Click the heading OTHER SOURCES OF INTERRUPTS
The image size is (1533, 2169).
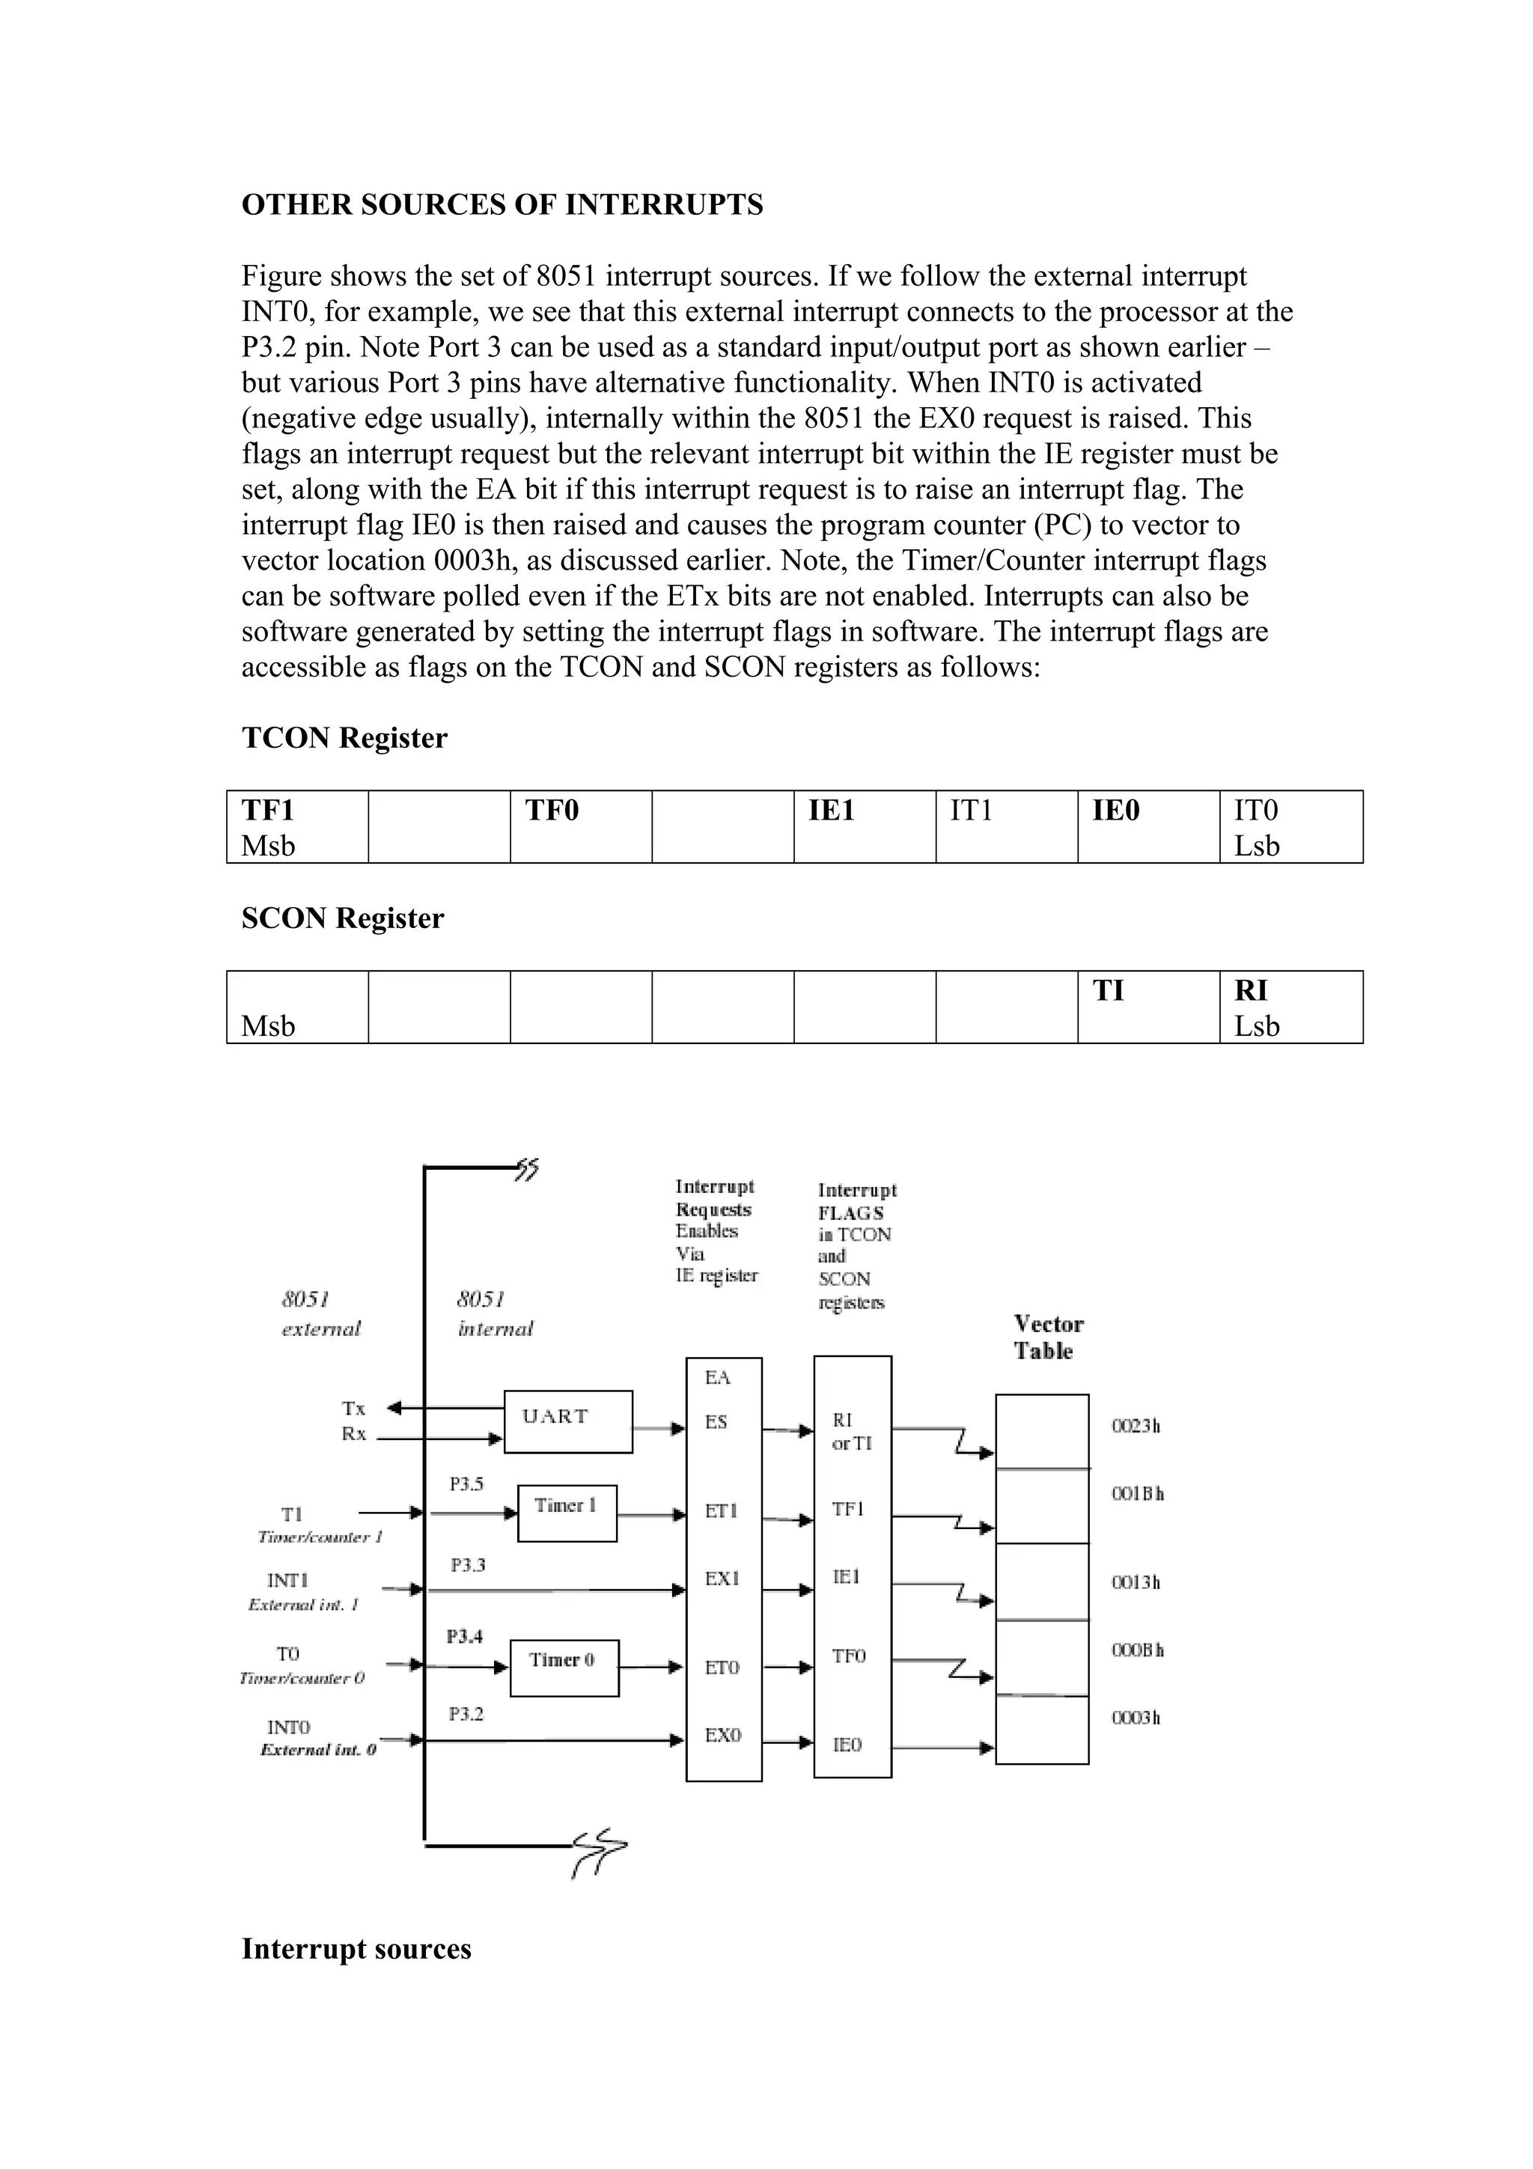502,205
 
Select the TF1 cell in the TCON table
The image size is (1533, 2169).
296,826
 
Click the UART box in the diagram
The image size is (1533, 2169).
567,1421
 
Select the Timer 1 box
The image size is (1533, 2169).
567,1513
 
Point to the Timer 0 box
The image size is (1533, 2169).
564,1668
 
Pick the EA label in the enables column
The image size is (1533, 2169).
717,1377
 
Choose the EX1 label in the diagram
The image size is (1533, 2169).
722,1578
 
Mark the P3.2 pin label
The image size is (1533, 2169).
466,1714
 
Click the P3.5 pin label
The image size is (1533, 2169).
466,1483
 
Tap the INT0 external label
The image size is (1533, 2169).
288,1727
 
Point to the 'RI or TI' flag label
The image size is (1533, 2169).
850,1431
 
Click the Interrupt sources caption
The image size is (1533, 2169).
356,1949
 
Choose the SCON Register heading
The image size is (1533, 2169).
342,918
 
